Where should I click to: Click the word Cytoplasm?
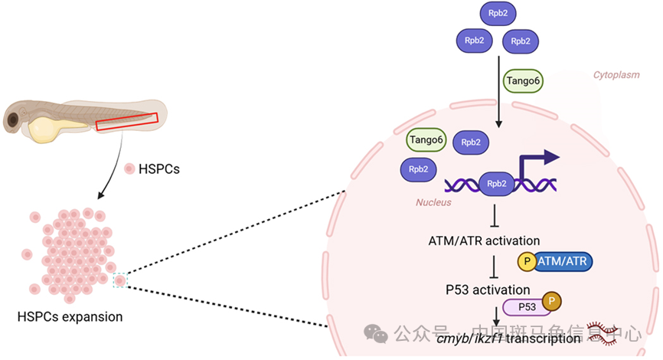pyautogui.click(x=617, y=75)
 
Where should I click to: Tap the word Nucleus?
pyautogui.click(x=433, y=202)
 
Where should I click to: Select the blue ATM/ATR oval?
pyautogui.click(x=563, y=262)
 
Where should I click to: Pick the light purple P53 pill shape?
pyautogui.click(x=526, y=307)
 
